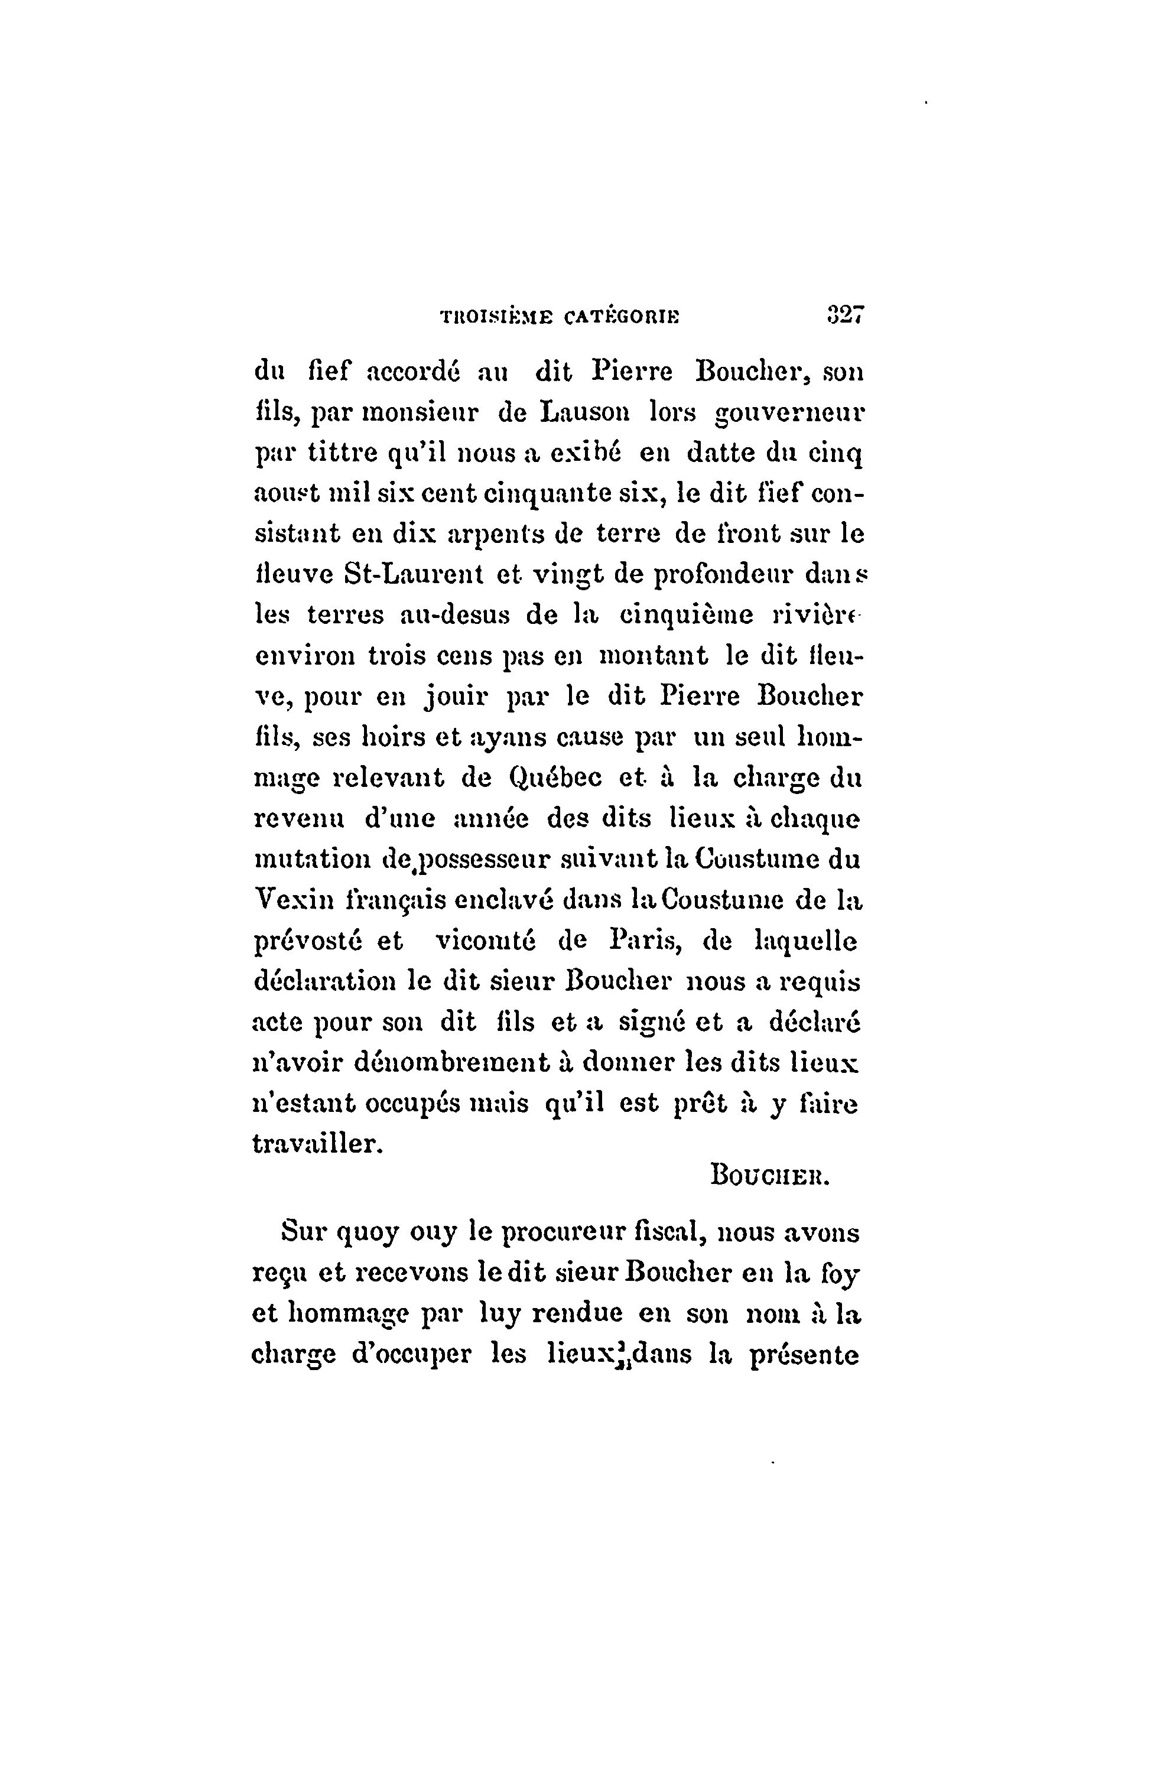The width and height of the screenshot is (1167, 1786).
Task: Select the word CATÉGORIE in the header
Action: (x=622, y=317)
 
